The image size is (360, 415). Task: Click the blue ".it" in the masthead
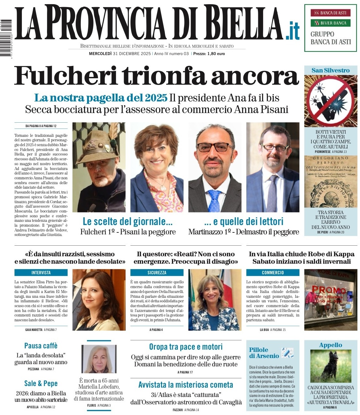click(x=292, y=31)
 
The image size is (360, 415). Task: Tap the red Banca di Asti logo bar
click(x=330, y=13)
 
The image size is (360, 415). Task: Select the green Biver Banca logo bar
click(x=330, y=23)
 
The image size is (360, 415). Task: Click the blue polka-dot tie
click(x=214, y=200)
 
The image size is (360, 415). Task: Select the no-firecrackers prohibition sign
click(x=330, y=100)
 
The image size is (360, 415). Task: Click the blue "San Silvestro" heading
click(x=330, y=71)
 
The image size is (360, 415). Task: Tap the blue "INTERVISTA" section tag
click(x=41, y=273)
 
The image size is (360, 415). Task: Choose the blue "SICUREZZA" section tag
click(x=157, y=273)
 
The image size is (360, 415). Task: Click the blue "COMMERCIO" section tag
click(x=273, y=273)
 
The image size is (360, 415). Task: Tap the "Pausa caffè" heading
click(x=41, y=346)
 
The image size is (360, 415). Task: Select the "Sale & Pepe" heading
click(x=41, y=383)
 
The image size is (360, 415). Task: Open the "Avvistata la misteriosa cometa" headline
click(x=186, y=385)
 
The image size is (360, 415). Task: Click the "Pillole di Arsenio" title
click(x=264, y=353)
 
